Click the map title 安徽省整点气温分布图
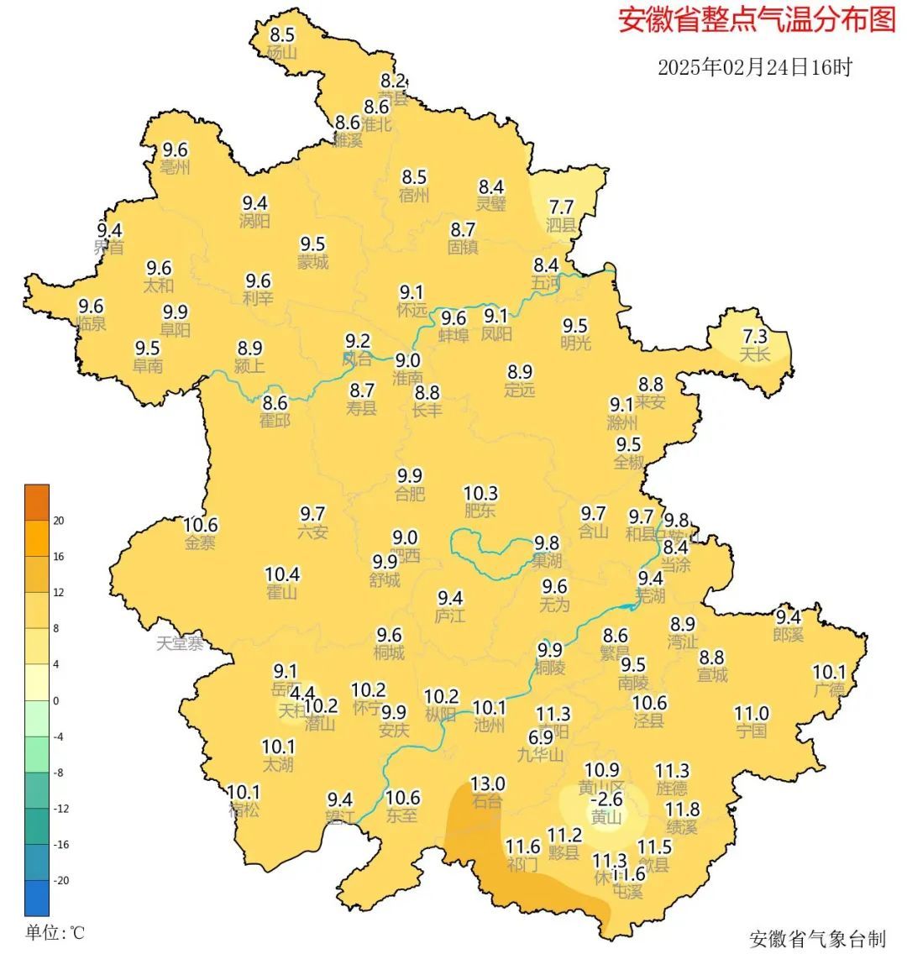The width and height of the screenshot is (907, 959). coord(757,20)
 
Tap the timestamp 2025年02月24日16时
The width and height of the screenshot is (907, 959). coord(754,67)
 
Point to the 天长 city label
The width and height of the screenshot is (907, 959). coord(754,355)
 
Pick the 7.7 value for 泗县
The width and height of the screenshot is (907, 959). coord(561,207)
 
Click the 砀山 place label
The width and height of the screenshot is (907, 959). coord(282,53)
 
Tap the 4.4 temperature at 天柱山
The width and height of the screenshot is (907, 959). coord(301,694)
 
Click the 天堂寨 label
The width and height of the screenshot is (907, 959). coord(180,644)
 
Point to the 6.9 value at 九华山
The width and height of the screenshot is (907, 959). coord(540,736)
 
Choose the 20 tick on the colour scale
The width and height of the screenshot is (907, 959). coord(59,521)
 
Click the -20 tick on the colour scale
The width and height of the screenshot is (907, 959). coord(61,881)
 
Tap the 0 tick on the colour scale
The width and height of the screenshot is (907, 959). coord(56,700)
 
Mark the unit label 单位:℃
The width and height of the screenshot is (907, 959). coord(55,933)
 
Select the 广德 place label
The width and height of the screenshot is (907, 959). coord(829,690)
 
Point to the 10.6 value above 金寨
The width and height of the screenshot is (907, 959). coord(201,525)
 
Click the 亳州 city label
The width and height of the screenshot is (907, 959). coord(176,168)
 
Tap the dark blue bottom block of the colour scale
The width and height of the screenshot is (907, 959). coord(37,898)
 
